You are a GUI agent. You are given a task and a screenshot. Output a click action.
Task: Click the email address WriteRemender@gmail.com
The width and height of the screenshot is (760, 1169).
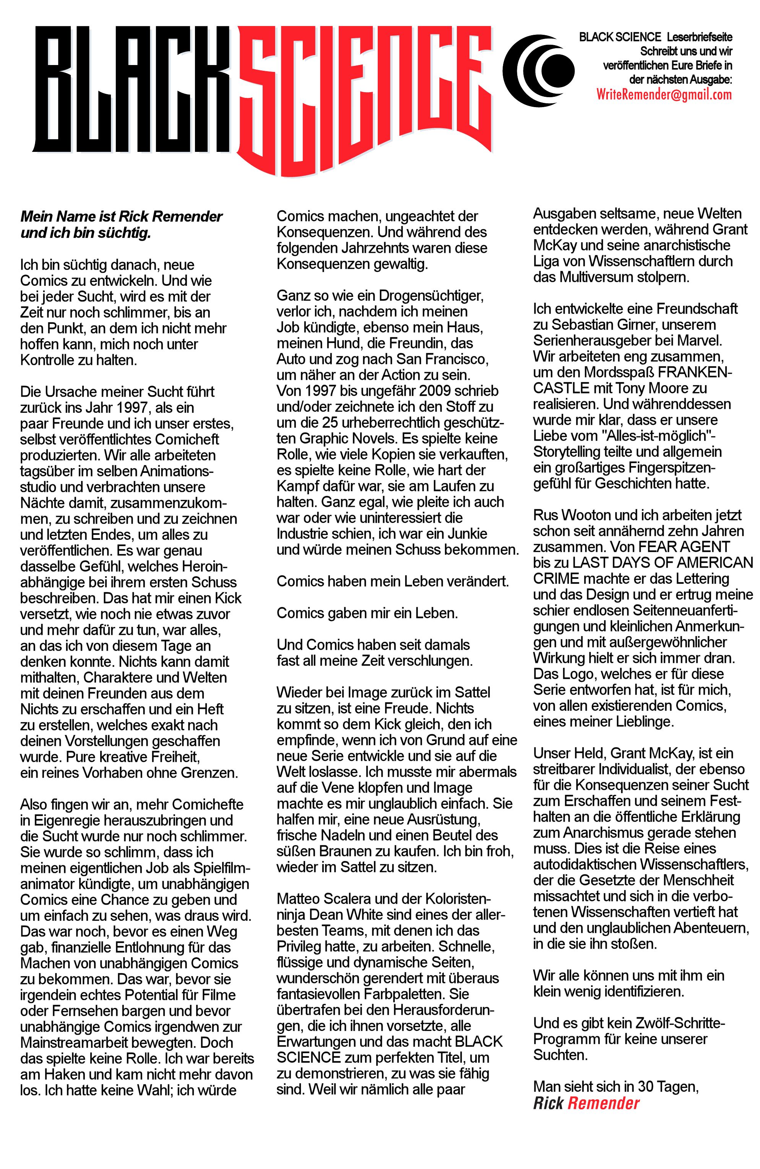pos(664,94)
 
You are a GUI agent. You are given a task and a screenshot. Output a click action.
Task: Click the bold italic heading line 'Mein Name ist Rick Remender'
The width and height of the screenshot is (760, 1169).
pos(121,217)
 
